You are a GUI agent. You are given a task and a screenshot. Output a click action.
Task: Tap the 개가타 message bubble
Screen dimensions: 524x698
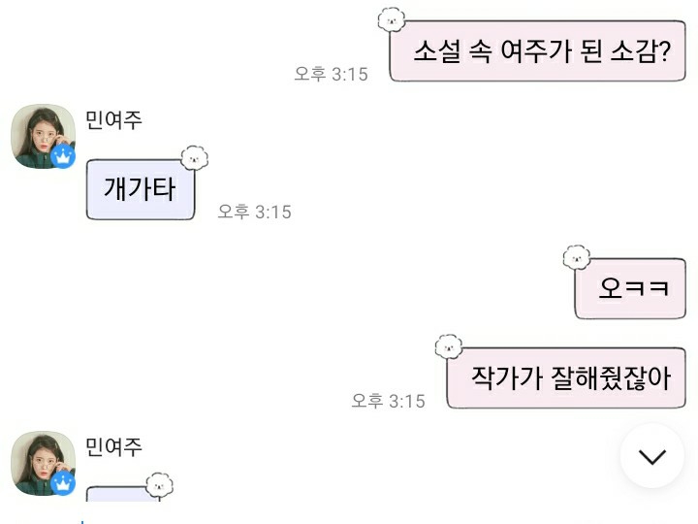[141, 189]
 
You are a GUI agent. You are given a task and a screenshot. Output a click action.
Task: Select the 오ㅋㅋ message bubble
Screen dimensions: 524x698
[630, 288]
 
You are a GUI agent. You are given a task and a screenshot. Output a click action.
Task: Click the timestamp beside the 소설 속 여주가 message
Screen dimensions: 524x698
[331, 74]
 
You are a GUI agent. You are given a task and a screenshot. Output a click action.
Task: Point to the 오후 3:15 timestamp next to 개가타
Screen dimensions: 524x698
[254, 212]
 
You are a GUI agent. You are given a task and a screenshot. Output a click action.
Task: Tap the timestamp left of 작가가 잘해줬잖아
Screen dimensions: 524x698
[388, 401]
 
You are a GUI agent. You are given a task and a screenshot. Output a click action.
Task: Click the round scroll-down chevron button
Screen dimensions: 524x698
[652, 456]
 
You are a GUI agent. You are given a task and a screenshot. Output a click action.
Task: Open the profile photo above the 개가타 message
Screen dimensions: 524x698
[43, 133]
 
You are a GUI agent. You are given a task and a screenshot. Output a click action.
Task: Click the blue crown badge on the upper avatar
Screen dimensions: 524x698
[63, 156]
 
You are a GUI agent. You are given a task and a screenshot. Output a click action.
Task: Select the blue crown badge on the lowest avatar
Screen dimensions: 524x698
[63, 484]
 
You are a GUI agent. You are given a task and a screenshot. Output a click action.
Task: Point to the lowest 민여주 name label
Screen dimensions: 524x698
[113, 446]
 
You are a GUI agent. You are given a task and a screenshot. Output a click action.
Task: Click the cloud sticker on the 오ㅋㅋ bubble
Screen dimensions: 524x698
[577, 257]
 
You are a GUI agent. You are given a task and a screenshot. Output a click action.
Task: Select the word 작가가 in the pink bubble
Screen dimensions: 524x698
[499, 377]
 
